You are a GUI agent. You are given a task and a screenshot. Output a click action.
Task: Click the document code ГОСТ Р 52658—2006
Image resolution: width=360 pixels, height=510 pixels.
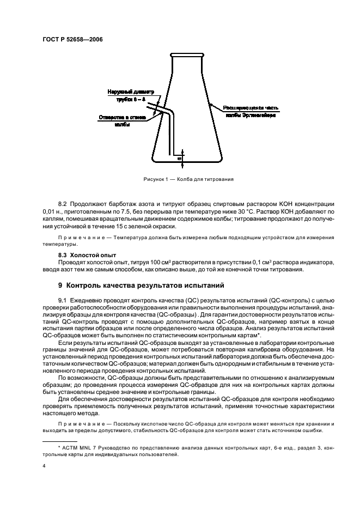[x=72, y=39]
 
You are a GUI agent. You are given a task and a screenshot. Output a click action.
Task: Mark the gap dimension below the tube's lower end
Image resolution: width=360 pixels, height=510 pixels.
[x=180, y=158]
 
